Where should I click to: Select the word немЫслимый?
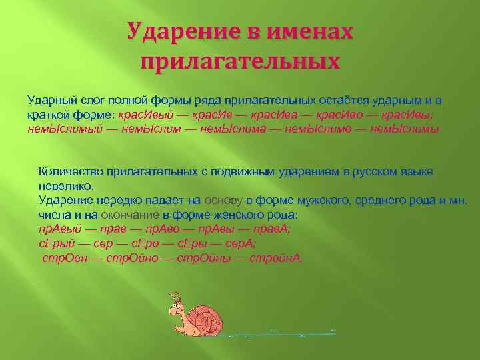pyautogui.click(x=65, y=129)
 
